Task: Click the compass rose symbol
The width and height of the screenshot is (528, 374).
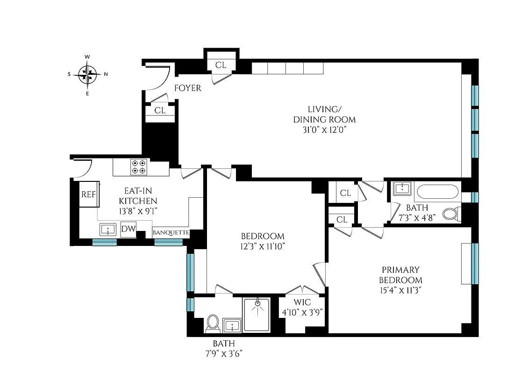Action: [x=87, y=74]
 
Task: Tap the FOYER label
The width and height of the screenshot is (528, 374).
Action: [x=187, y=88]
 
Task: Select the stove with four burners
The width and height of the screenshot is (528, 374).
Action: [x=139, y=167]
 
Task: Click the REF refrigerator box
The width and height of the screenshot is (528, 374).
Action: [x=88, y=194]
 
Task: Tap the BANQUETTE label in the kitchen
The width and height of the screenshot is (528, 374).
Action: [x=171, y=232]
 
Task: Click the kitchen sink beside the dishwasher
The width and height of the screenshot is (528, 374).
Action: [x=108, y=230]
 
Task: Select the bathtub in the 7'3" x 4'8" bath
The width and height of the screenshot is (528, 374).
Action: [x=437, y=192]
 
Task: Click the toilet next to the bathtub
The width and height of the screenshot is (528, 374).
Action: [x=450, y=214]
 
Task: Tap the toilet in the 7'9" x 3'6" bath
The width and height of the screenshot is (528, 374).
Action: [x=213, y=322]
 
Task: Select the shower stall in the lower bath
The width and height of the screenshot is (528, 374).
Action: [x=256, y=315]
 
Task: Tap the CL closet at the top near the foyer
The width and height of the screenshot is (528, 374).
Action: [x=221, y=65]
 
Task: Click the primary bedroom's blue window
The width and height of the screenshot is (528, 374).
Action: [x=475, y=263]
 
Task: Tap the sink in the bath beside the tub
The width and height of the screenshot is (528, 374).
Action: [x=401, y=189]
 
